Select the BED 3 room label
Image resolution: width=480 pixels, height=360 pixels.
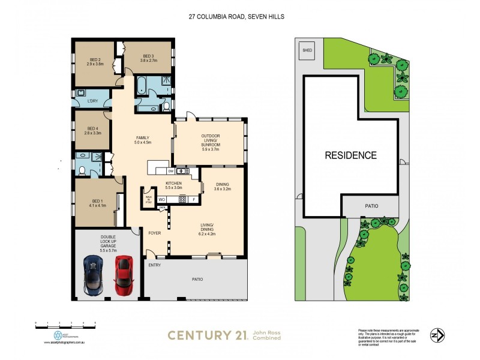[x=148, y=59]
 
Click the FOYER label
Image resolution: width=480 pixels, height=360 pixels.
[x=154, y=232]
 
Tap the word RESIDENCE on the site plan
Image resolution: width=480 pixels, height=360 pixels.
[x=351, y=155]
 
